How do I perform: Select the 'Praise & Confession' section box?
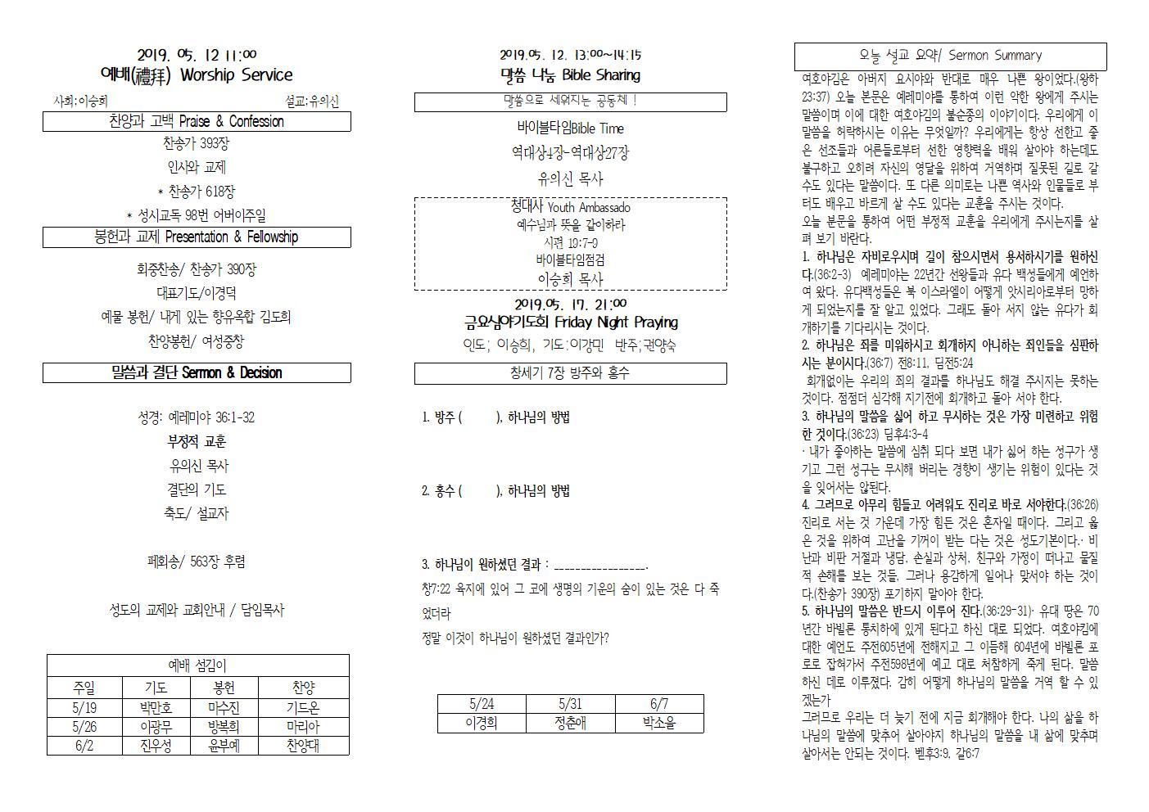pos(197,122)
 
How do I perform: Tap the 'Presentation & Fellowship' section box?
pos(197,237)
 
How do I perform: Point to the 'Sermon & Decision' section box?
pos(197,373)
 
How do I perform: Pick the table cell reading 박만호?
pos(156,708)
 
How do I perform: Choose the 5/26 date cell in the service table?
pos(84,727)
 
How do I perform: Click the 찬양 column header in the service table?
pos(303,688)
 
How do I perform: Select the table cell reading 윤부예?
pos(224,746)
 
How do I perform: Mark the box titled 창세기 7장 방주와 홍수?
pos(570,373)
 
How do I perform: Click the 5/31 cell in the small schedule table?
pos(570,704)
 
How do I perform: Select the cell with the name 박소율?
pos(659,723)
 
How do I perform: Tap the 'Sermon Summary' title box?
pos(950,56)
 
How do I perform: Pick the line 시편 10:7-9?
pos(570,243)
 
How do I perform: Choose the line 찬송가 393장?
pos(197,144)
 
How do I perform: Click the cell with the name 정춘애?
pos(570,723)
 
